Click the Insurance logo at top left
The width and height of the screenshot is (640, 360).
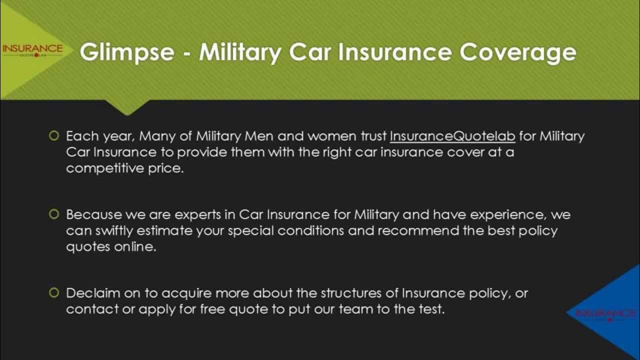coord(32,50)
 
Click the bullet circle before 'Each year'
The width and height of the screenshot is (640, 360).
coord(54,135)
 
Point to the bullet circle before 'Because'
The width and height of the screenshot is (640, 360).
coord(54,214)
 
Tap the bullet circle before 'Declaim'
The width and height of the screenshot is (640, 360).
coord(54,292)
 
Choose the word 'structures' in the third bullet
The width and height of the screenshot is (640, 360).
coord(354,293)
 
